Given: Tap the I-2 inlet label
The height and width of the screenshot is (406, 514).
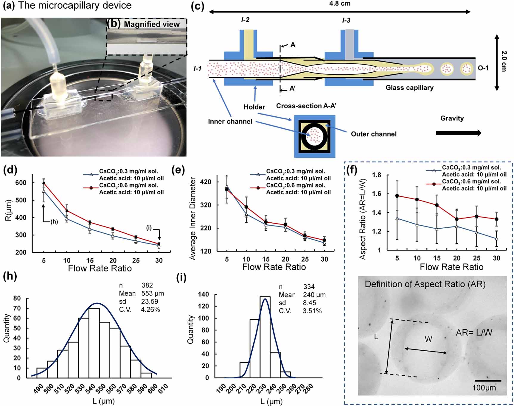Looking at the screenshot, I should coord(245,20).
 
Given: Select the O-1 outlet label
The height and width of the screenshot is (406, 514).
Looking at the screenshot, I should coord(483,68).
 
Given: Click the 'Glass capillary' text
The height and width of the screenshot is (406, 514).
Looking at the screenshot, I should coord(409,88).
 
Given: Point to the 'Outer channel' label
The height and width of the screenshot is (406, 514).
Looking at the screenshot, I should coord(374,134).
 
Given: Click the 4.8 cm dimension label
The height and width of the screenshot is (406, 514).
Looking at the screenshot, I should coord(340,4).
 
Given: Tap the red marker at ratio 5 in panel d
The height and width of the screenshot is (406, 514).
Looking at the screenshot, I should coord(44,183).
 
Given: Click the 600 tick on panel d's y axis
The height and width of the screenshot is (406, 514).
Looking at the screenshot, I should coord(21,183).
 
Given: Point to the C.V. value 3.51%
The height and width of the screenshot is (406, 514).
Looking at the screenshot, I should coord(312,311).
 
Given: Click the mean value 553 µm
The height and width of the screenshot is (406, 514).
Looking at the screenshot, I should coord(153,293).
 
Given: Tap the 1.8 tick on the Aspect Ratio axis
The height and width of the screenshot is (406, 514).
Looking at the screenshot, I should coord(377,175).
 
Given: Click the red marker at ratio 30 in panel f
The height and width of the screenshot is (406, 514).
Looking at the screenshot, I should coord(496,219).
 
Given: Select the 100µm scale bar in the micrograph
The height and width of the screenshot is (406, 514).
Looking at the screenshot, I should coord(488,380).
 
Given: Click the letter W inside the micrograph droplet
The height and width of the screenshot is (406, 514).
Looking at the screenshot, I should coord(428,339).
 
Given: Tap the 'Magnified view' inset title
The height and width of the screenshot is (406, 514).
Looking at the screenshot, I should coord(152,24).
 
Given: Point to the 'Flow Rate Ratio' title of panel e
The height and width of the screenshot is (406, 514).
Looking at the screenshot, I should coord(274,267).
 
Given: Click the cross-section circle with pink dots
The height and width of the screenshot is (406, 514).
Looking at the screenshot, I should coord(314,136).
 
